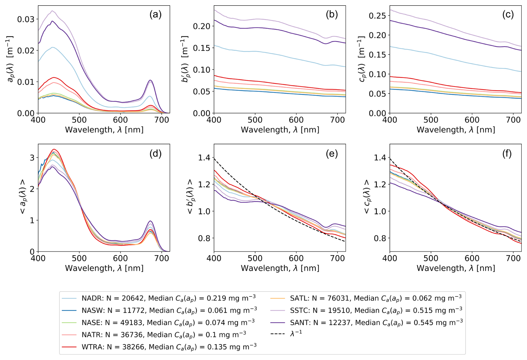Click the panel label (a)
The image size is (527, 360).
tap(155, 14)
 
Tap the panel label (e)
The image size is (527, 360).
tap(331, 154)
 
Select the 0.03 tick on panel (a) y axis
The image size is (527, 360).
tap(26, 20)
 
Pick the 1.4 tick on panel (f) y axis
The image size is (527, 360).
tap(380, 158)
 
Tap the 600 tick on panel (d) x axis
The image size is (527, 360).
tap(120, 258)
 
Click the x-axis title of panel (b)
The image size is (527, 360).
tap(280, 130)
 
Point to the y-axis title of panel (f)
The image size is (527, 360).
tap(367, 197)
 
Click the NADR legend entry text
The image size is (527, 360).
tap(168, 298)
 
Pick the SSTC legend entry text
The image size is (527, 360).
tap(376, 310)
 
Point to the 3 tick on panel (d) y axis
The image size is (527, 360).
tap(32, 158)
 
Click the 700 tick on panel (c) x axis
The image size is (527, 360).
tap(513, 120)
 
